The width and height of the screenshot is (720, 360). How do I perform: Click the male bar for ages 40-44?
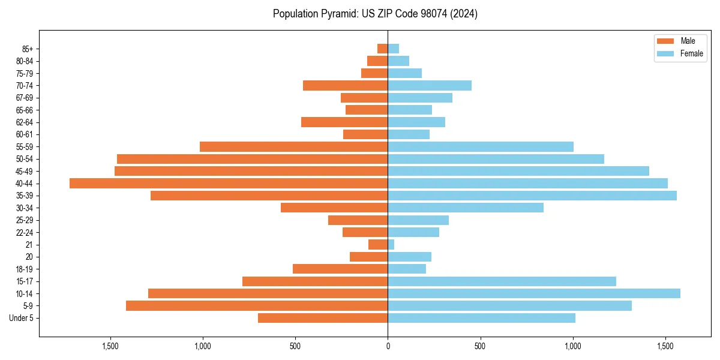pyautogui.click(x=229, y=183)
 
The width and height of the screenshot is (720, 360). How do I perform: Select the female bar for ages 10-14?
pyautogui.click(x=534, y=293)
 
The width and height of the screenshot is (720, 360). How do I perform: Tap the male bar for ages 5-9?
pyautogui.click(x=257, y=305)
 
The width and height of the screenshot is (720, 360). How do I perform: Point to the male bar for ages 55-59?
pyautogui.click(x=293, y=146)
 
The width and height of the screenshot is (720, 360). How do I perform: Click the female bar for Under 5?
pyautogui.click(x=481, y=318)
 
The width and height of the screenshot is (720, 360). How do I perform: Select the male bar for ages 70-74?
pyautogui.click(x=345, y=85)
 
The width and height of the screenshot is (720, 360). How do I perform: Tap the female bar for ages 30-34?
pyautogui.click(x=466, y=208)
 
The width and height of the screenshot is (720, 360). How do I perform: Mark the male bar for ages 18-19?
pyautogui.click(x=340, y=269)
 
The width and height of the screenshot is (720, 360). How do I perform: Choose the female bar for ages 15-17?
pyautogui.click(x=502, y=281)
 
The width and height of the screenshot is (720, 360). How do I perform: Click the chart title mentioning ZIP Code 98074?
pyautogui.click(x=375, y=14)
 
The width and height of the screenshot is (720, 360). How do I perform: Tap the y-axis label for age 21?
pyautogui.click(x=29, y=245)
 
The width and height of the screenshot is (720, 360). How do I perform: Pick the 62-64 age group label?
pyautogui.click(x=25, y=122)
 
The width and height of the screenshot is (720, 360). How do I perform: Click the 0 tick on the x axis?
pyautogui.click(x=388, y=346)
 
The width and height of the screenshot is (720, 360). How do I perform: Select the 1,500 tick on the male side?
pyautogui.click(x=110, y=346)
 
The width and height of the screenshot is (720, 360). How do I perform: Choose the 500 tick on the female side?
pyautogui.click(x=480, y=346)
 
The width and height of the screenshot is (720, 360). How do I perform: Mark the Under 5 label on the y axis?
pyautogui.click(x=22, y=318)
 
